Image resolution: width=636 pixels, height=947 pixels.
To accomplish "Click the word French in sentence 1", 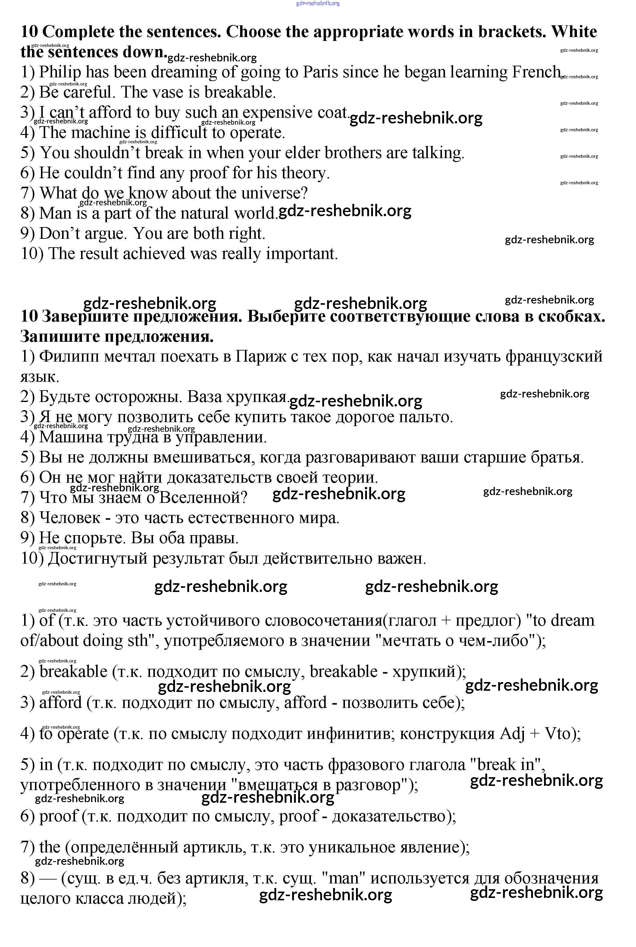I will tap(536, 72).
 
